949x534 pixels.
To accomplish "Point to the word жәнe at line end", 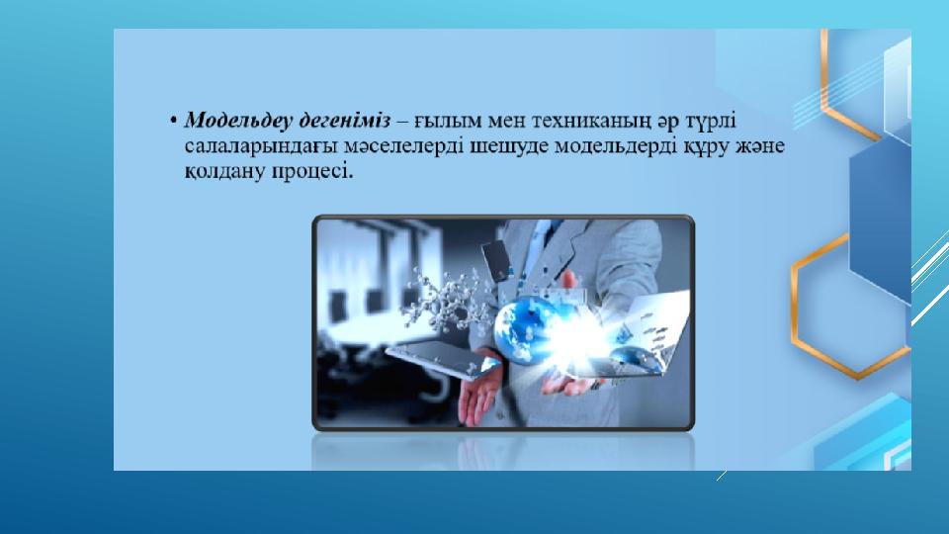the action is coord(759,146).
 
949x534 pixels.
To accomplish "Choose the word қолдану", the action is coord(224,172).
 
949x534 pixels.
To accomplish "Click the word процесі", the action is coord(311,173).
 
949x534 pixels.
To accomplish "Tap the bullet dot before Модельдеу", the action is coord(174,121).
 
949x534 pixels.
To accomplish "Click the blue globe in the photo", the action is coord(524,330).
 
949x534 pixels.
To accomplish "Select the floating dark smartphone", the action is coord(497,260).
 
